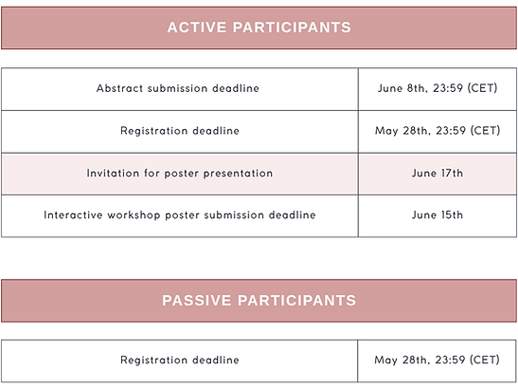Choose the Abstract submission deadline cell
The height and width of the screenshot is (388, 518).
179,89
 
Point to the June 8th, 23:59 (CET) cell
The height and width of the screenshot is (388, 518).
438,89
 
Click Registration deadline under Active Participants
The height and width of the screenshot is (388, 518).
179,131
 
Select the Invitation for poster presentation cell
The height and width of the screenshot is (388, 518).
179,174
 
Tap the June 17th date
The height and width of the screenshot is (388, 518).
438,174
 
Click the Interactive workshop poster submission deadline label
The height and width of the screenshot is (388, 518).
179,215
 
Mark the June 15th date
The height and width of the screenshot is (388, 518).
438,215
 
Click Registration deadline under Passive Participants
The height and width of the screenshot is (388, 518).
179,360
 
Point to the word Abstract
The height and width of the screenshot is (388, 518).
118,89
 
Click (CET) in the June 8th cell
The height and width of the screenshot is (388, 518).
484,89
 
